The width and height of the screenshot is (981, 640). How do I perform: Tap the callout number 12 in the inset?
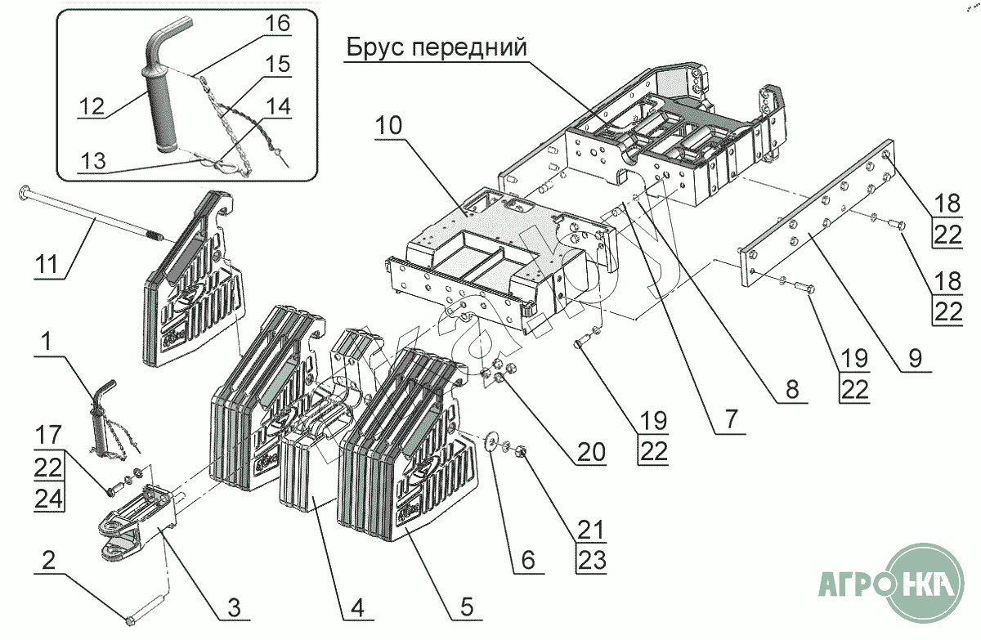click(x=92, y=105)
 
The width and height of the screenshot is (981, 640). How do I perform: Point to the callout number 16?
click(x=277, y=24)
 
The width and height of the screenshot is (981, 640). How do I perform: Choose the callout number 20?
click(x=592, y=451)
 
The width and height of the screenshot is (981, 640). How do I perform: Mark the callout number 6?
click(x=527, y=560)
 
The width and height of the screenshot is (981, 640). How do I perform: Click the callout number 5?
click(x=466, y=607)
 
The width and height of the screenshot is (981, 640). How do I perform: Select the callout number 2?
click(x=48, y=561)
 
